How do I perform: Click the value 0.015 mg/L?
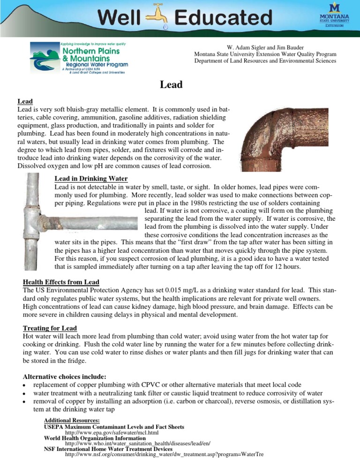(186, 291)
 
